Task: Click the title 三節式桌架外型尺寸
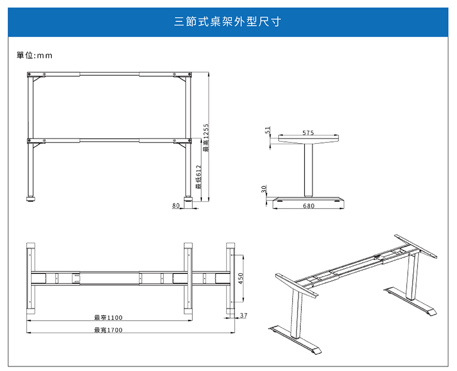click(x=228, y=22)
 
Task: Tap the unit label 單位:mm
click(x=34, y=56)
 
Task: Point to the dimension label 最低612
click(x=199, y=177)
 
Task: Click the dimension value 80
click(x=176, y=206)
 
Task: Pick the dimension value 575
click(x=308, y=132)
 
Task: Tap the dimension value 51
click(x=268, y=130)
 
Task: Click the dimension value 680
click(x=308, y=206)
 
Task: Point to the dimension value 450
click(x=241, y=277)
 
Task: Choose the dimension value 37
click(x=244, y=315)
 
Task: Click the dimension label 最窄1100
click(x=108, y=318)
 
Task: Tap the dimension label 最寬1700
click(x=108, y=330)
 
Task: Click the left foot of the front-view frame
click(x=30, y=198)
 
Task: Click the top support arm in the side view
click(x=308, y=140)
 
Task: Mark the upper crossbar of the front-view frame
click(x=109, y=74)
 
